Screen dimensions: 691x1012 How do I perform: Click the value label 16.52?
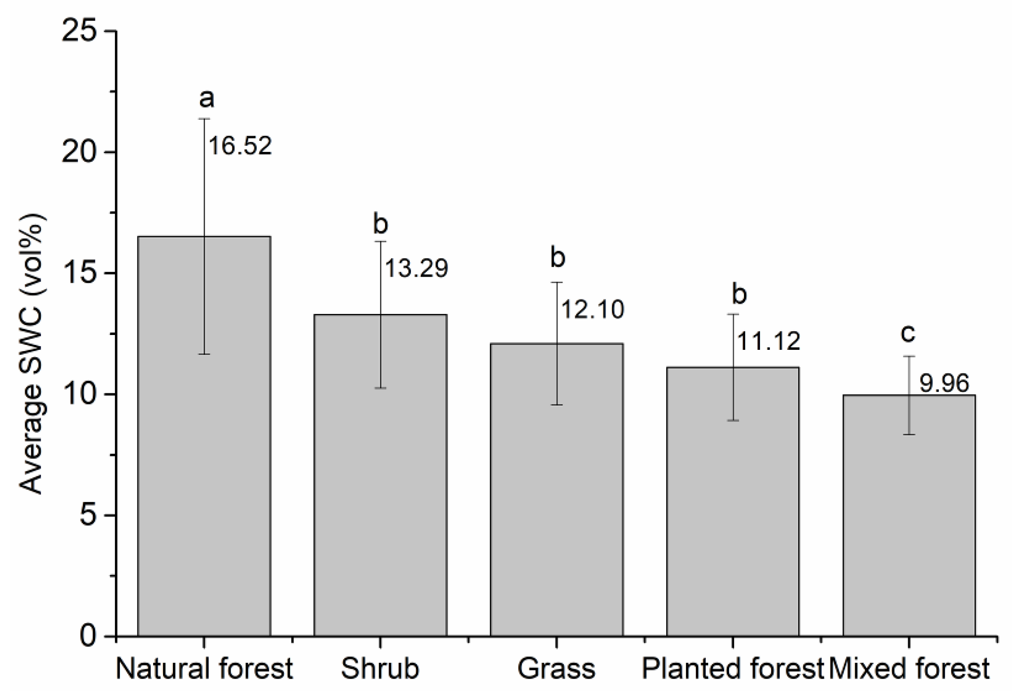tap(240, 146)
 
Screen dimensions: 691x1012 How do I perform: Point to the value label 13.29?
tap(416, 268)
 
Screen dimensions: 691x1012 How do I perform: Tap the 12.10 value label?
tap(592, 309)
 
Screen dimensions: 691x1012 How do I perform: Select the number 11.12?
tap(769, 341)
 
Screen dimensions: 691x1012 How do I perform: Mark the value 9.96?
tap(944, 383)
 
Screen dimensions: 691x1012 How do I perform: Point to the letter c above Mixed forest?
tap(908, 333)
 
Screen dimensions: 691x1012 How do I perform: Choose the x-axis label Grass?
tap(556, 668)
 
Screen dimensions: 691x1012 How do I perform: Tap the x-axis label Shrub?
tap(380, 668)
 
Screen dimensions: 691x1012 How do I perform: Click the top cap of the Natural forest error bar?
tap(204, 119)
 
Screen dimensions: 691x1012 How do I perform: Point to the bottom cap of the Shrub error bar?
tap(380, 388)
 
